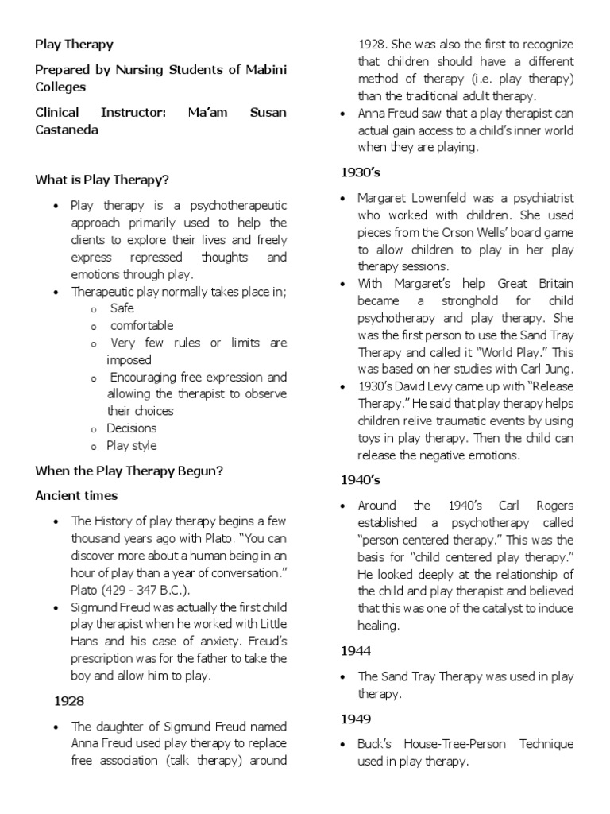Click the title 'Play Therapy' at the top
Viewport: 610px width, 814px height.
[75, 45]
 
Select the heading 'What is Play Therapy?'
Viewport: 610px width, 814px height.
[102, 180]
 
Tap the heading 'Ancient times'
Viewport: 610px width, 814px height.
[76, 495]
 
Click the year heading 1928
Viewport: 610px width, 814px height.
[69, 701]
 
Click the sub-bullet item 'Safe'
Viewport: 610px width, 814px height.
[122, 308]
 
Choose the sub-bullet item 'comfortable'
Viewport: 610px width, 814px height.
[141, 325]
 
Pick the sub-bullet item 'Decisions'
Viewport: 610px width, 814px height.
[132, 428]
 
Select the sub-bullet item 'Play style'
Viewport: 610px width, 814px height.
[132, 445]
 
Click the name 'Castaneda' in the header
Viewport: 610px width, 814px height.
[68, 130]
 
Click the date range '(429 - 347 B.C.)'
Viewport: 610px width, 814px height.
[149, 589]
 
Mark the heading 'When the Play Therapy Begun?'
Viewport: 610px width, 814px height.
[129, 470]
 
